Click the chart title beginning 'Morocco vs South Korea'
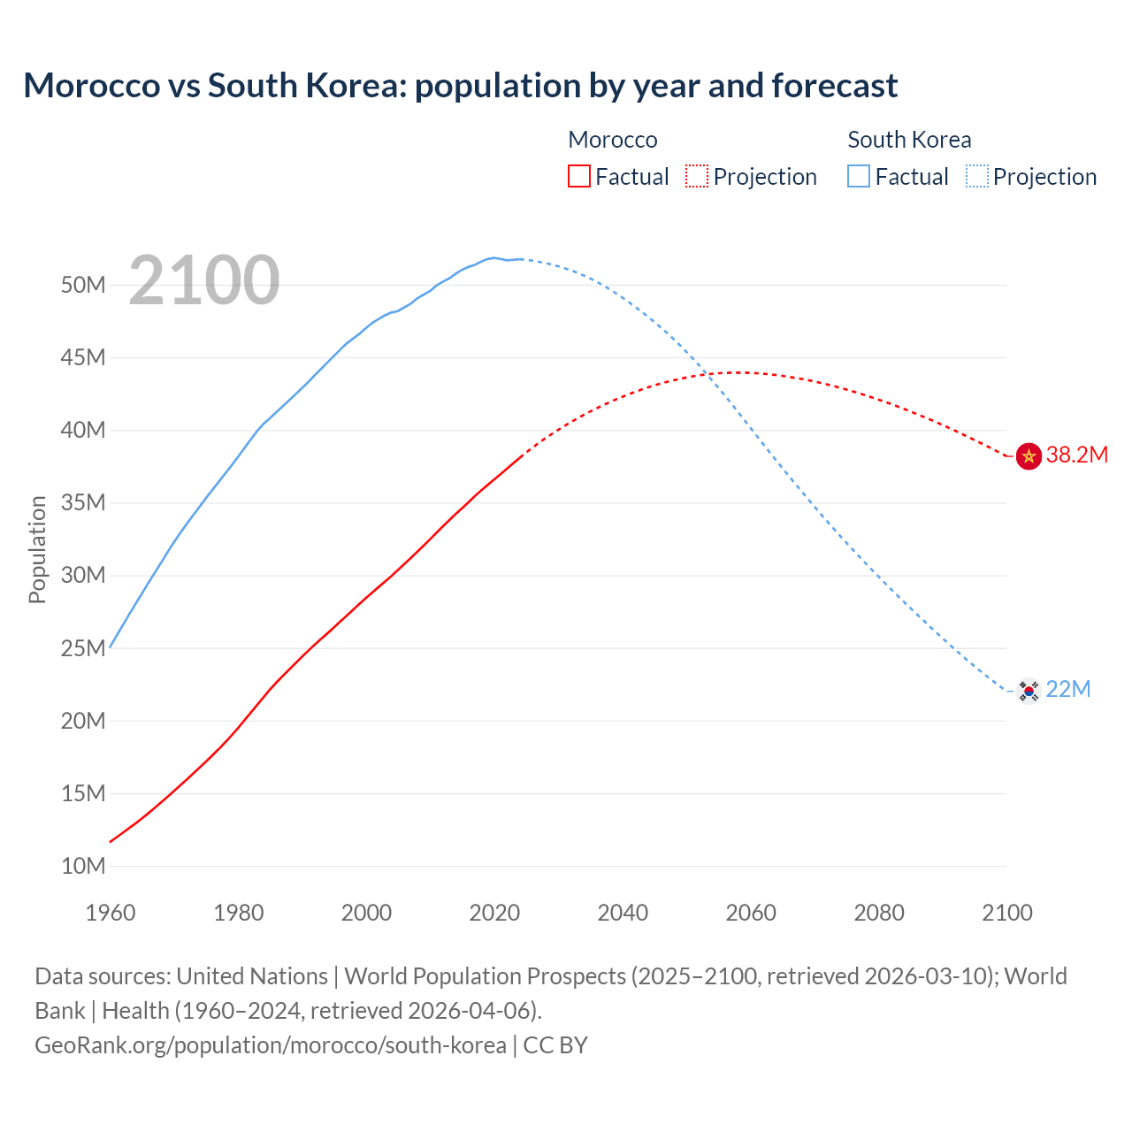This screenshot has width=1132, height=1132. pyautogui.click(x=460, y=86)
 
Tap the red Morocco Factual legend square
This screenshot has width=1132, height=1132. pyautogui.click(x=578, y=176)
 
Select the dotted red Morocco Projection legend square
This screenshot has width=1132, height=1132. pyautogui.click(x=696, y=176)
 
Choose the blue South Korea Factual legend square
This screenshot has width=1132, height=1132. pyautogui.click(x=858, y=176)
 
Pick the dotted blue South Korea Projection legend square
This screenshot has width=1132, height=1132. pyautogui.click(x=976, y=176)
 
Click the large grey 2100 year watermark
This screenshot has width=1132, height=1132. pyautogui.click(x=204, y=280)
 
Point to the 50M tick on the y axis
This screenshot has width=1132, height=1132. pyautogui.click(x=83, y=285)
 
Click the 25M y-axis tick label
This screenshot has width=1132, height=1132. pyautogui.click(x=83, y=648)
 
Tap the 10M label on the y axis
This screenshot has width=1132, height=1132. pyautogui.click(x=83, y=866)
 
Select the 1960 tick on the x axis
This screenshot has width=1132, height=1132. pyautogui.click(x=111, y=913)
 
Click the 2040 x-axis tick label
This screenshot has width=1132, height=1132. pyautogui.click(x=623, y=913)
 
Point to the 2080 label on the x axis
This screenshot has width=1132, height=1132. pyautogui.click(x=879, y=913)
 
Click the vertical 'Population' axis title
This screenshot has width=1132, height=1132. pyautogui.click(x=37, y=549)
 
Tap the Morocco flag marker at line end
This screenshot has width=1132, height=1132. pyautogui.click(x=1029, y=456)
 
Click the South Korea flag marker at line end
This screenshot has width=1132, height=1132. pyautogui.click(x=1029, y=690)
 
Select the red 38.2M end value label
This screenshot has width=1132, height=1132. pyautogui.click(x=1077, y=455)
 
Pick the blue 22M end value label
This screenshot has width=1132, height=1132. pyautogui.click(x=1068, y=690)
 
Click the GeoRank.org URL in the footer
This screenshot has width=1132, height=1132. pyautogui.click(x=271, y=1045)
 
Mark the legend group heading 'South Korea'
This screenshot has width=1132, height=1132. pyautogui.click(x=909, y=140)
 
